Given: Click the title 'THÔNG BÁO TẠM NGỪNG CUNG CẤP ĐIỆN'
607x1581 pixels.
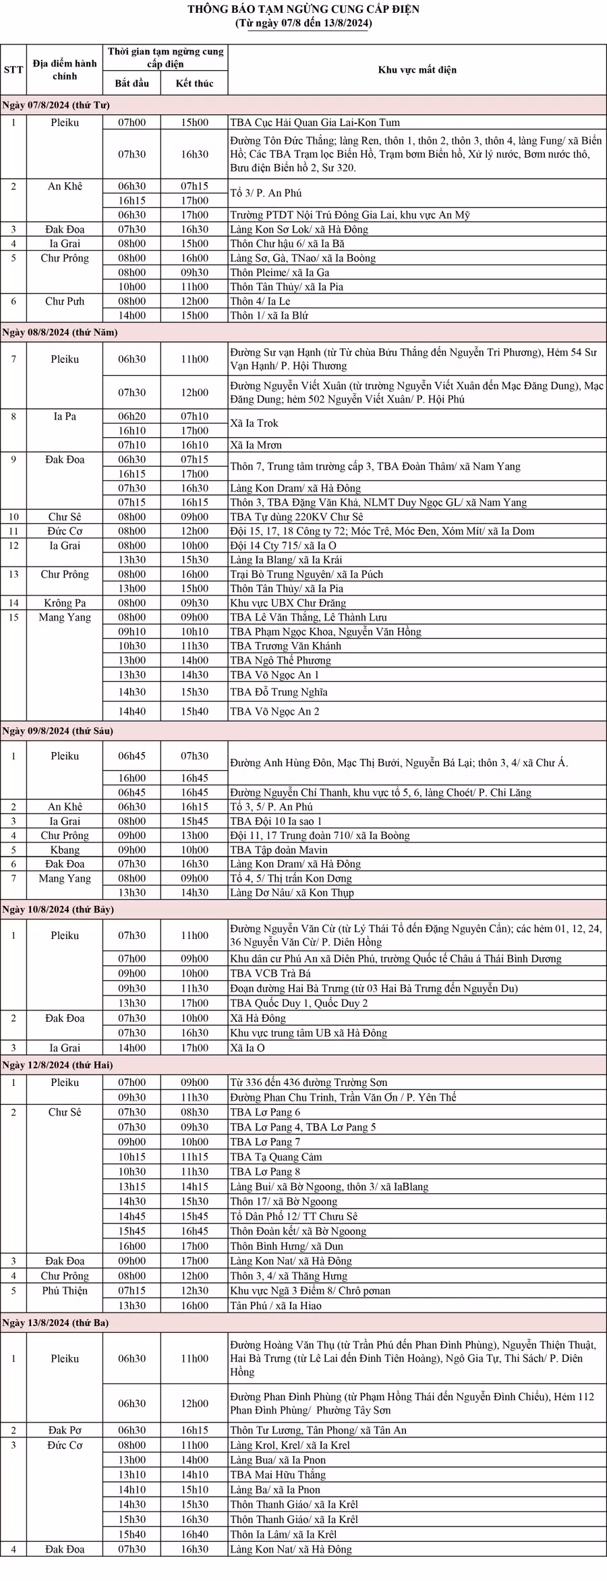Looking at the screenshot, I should tap(303, 9).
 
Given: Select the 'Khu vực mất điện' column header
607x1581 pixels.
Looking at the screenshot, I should tap(417, 69).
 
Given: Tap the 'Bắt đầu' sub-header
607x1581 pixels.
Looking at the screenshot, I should tap(132, 83).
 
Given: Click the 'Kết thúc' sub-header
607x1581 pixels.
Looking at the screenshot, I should tap(194, 83).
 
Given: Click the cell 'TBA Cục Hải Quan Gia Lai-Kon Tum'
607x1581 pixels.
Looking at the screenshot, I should tap(314, 123).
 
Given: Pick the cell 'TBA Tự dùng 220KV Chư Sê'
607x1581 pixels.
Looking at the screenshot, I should tap(296, 517).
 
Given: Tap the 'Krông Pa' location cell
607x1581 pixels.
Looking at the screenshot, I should tap(65, 603).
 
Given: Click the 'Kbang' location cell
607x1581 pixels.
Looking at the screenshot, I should tap(65, 850).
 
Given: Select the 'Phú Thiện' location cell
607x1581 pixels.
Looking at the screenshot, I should tap(65, 1290).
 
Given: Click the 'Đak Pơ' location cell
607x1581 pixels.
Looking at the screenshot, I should tap(65, 1430).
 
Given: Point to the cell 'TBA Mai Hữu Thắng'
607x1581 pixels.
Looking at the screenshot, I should tap(277, 1474).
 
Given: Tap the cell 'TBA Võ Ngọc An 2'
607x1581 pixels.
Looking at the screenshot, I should tap(274, 711).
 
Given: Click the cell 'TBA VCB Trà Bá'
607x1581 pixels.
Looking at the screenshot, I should tap(268, 973).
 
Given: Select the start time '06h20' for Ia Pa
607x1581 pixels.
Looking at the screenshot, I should tap(132, 416).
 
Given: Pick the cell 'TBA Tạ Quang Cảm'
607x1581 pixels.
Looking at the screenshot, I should tap(276, 1157).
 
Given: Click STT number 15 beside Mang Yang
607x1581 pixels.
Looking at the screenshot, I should tap(13, 617).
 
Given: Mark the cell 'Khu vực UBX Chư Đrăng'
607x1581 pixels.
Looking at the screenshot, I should tap(287, 603).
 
